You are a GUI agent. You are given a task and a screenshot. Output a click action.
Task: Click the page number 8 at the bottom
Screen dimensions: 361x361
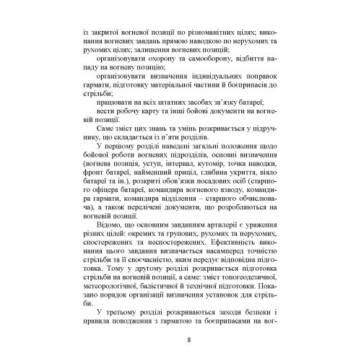188,339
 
